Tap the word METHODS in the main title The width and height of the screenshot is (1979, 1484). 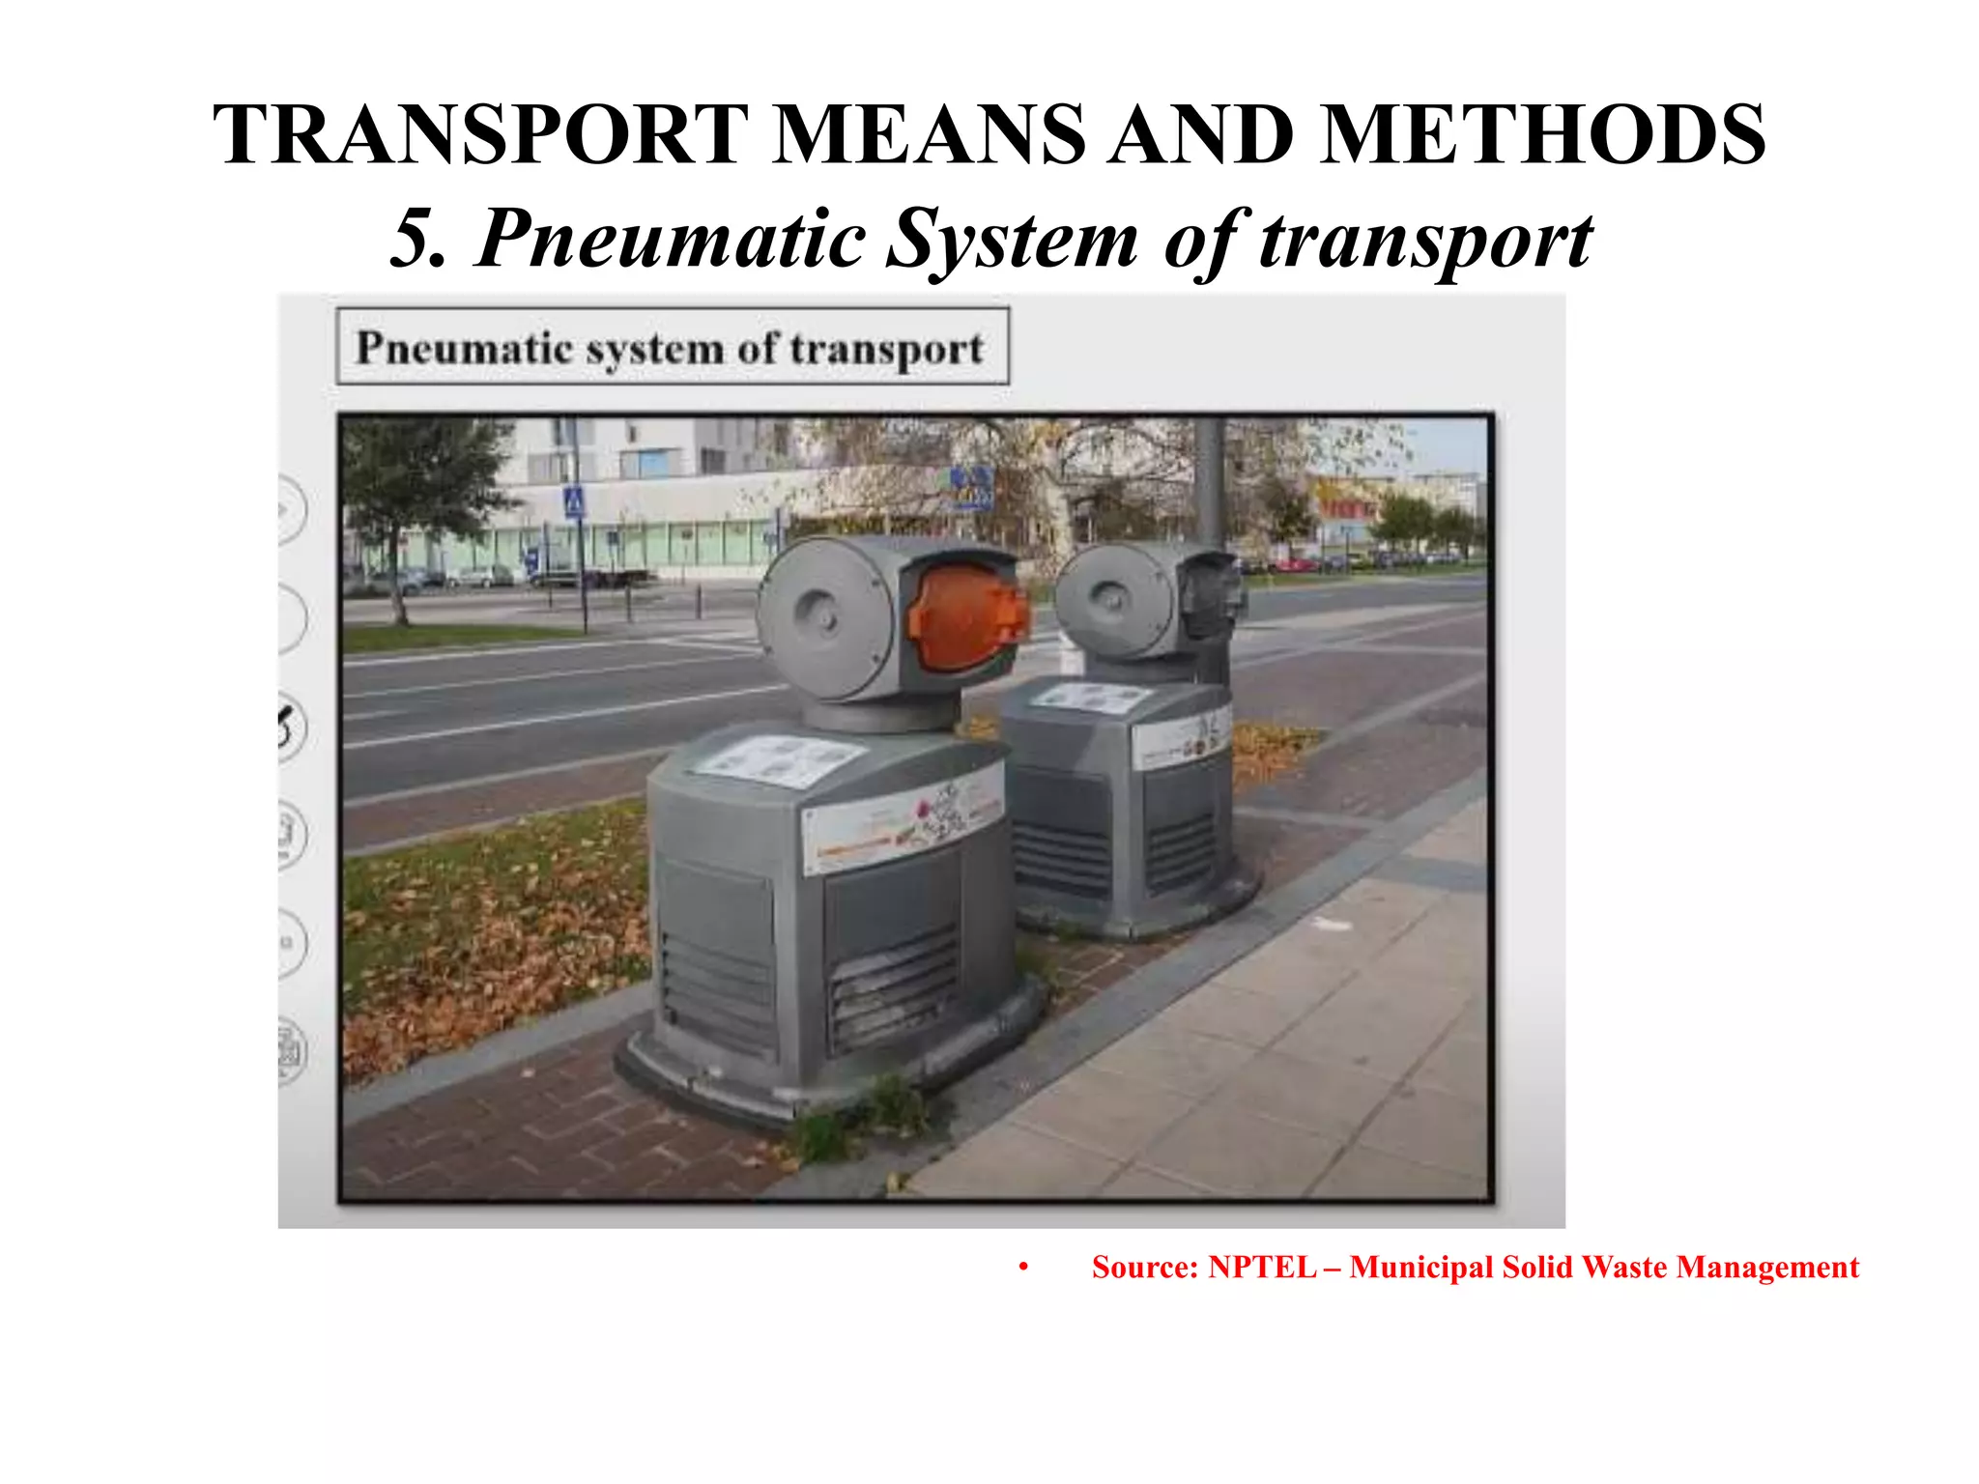(1543, 135)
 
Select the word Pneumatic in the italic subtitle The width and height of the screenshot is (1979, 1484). (672, 239)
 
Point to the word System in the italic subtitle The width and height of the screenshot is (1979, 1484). (1012, 239)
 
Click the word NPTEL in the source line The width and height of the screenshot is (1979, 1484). (1262, 1267)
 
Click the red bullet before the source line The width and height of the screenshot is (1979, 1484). (1022, 1268)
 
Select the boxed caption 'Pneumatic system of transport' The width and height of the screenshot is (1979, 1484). (672, 347)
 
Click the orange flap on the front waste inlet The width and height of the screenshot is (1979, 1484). (966, 618)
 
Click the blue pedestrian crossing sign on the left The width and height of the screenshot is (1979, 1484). (574, 501)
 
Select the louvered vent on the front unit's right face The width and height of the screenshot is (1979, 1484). (894, 985)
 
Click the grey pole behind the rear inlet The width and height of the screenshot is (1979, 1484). (1208, 483)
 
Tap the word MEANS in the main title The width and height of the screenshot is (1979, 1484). (930, 135)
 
